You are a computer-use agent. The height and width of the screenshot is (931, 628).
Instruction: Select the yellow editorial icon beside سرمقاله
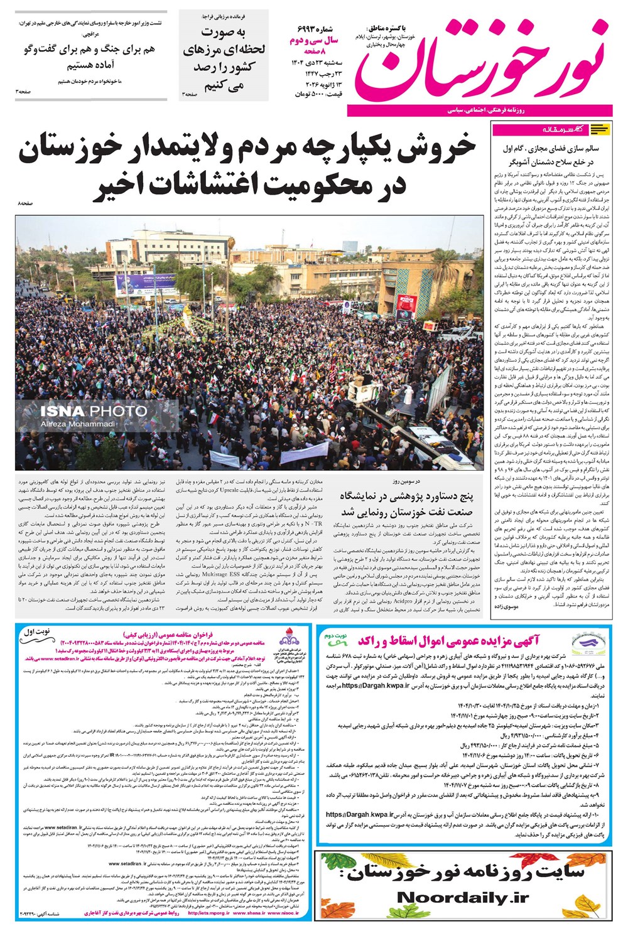(x=600, y=129)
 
